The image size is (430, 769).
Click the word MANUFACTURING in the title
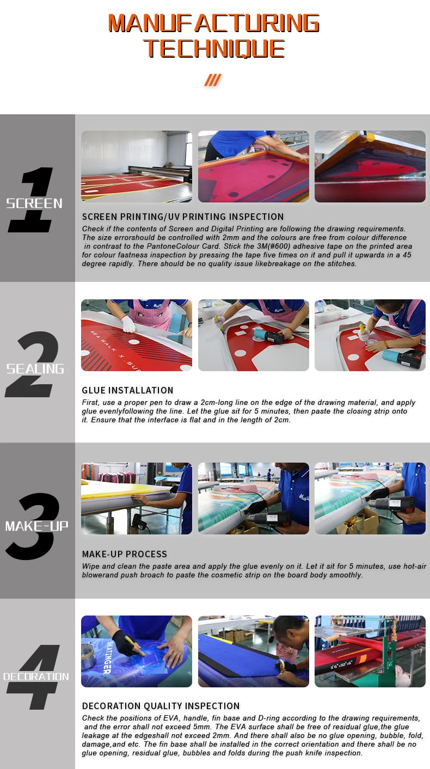pyautogui.click(x=213, y=23)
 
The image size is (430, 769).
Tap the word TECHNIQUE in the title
pyautogui.click(x=214, y=48)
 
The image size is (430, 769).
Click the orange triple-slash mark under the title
pyautogui.click(x=212, y=81)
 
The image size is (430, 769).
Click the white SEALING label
pyautogui.click(x=35, y=369)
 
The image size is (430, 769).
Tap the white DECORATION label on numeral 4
pyautogui.click(x=36, y=677)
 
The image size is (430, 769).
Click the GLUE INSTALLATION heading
pyautogui.click(x=127, y=390)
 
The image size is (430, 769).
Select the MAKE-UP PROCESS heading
pyautogui.click(x=124, y=554)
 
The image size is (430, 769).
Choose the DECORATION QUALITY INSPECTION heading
pyautogui.click(x=161, y=706)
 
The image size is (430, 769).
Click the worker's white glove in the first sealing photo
pyautogui.click(x=128, y=324)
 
